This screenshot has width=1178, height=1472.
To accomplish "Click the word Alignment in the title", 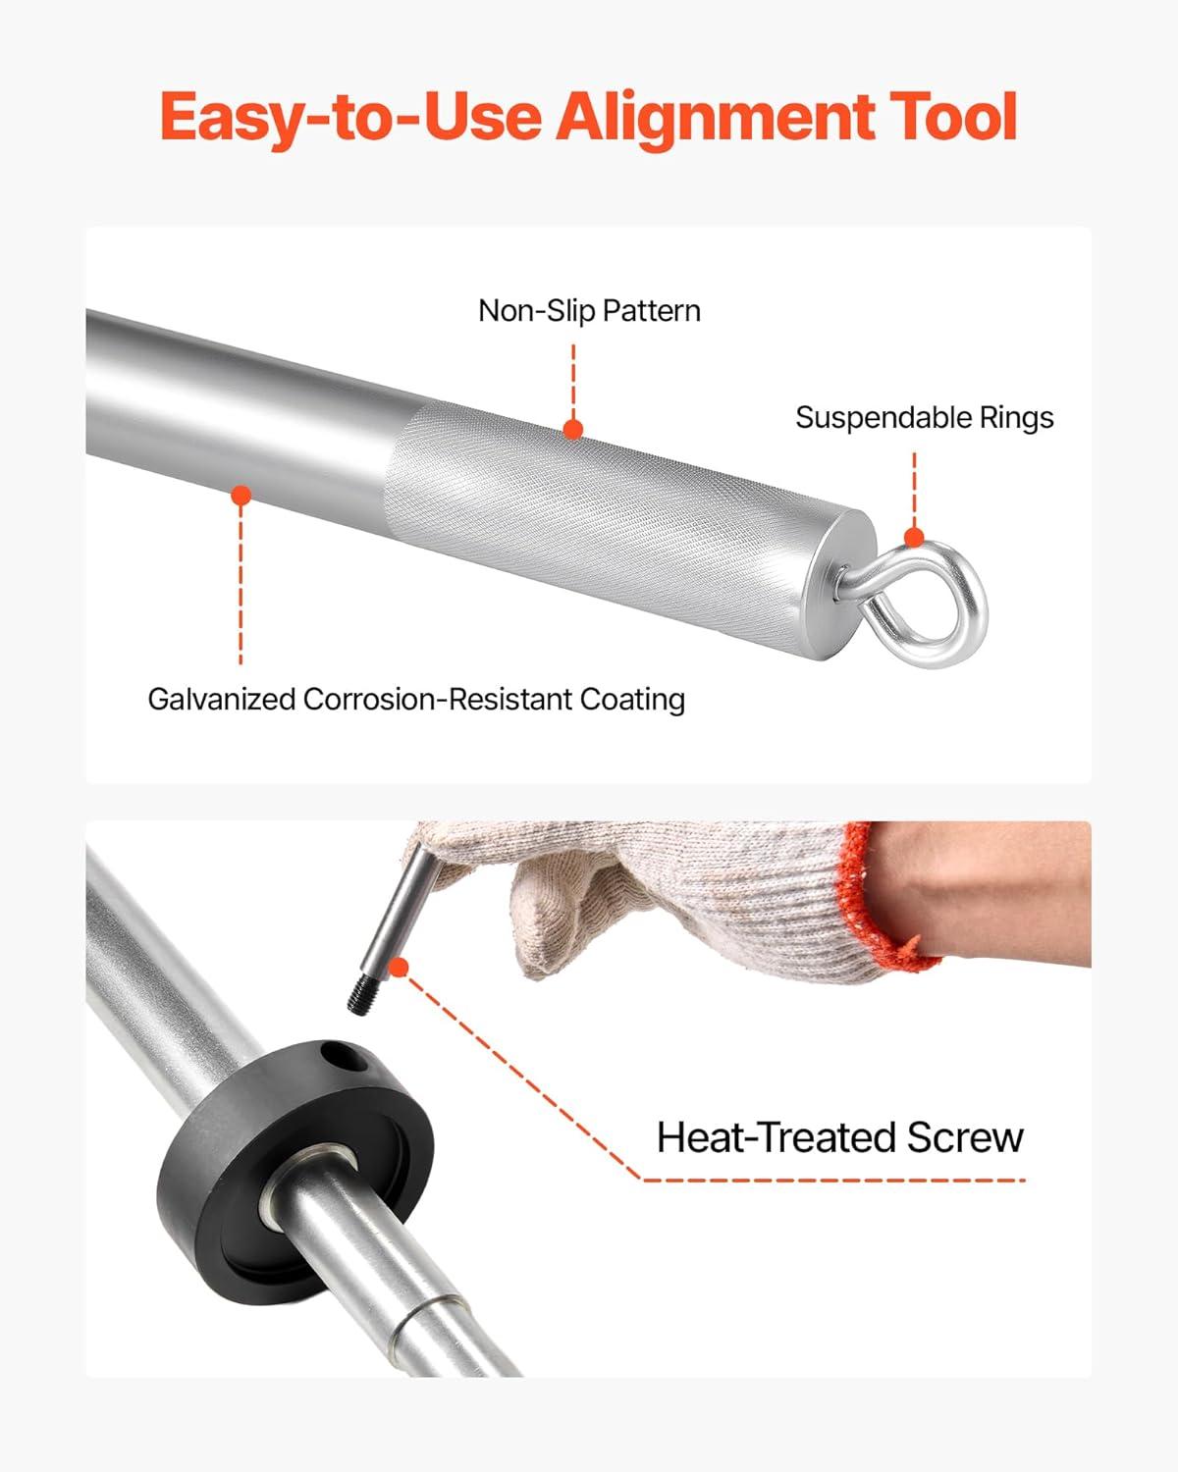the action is pyautogui.click(x=714, y=119).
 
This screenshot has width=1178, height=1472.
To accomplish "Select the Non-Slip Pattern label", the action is pyautogui.click(x=589, y=310).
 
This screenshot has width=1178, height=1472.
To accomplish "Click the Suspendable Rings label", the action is pyautogui.click(x=924, y=417).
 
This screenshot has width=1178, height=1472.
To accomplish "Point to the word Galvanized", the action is pyautogui.click(x=221, y=699).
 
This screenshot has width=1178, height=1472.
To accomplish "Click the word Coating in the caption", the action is pyautogui.click(x=632, y=700).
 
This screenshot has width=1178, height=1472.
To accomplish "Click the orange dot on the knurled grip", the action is pyautogui.click(x=573, y=430).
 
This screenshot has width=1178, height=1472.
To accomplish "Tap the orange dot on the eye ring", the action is pyautogui.click(x=915, y=537).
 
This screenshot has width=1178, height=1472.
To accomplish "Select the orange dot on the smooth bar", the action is pyautogui.click(x=241, y=496).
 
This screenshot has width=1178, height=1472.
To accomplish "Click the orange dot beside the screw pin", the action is pyautogui.click(x=399, y=968).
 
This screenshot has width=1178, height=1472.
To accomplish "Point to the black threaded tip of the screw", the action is pyautogui.click(x=361, y=995).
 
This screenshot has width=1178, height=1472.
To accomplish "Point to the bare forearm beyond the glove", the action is pyautogui.click(x=986, y=893).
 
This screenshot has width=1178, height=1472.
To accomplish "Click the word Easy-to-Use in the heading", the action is pyautogui.click(x=350, y=120).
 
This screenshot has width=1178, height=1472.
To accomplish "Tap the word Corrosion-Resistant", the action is pyautogui.click(x=438, y=699).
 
